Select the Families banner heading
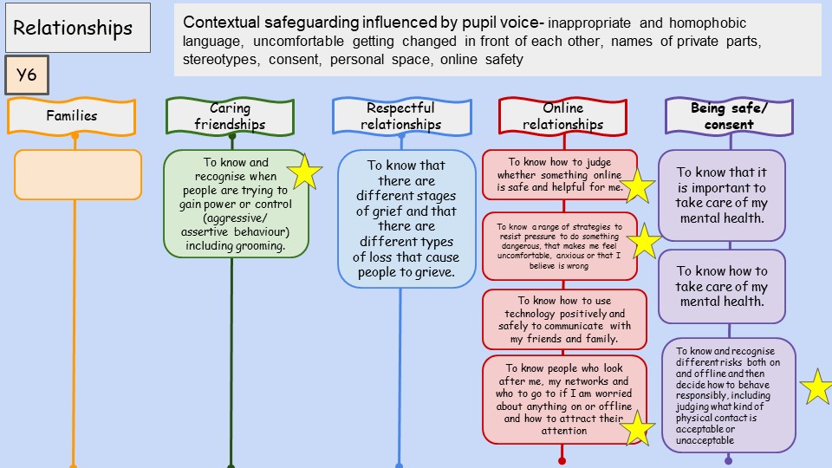point(72,115)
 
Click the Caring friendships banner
point(231,116)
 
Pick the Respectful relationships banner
point(402,116)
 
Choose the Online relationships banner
point(562,116)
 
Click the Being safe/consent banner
point(729,116)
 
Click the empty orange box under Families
point(78,174)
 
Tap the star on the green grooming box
point(304,172)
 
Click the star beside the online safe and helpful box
point(639,185)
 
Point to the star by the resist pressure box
point(644,242)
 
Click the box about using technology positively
point(564,319)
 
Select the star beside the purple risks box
point(816,387)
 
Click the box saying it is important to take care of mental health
point(722,195)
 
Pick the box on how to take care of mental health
point(722,287)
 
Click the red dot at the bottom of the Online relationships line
point(562,460)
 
